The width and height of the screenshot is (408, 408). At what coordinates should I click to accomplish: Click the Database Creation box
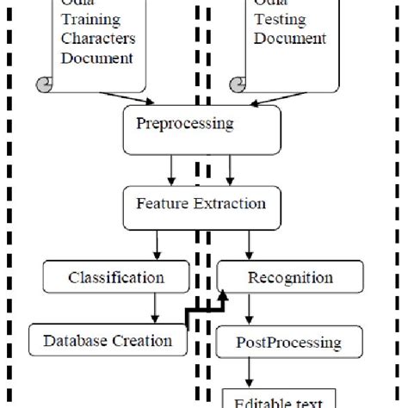click(x=108, y=340)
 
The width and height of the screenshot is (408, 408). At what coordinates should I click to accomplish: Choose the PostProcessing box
click(x=288, y=343)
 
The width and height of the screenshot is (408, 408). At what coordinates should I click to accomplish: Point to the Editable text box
click(x=279, y=399)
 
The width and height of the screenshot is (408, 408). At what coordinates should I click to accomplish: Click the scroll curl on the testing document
click(x=237, y=83)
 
